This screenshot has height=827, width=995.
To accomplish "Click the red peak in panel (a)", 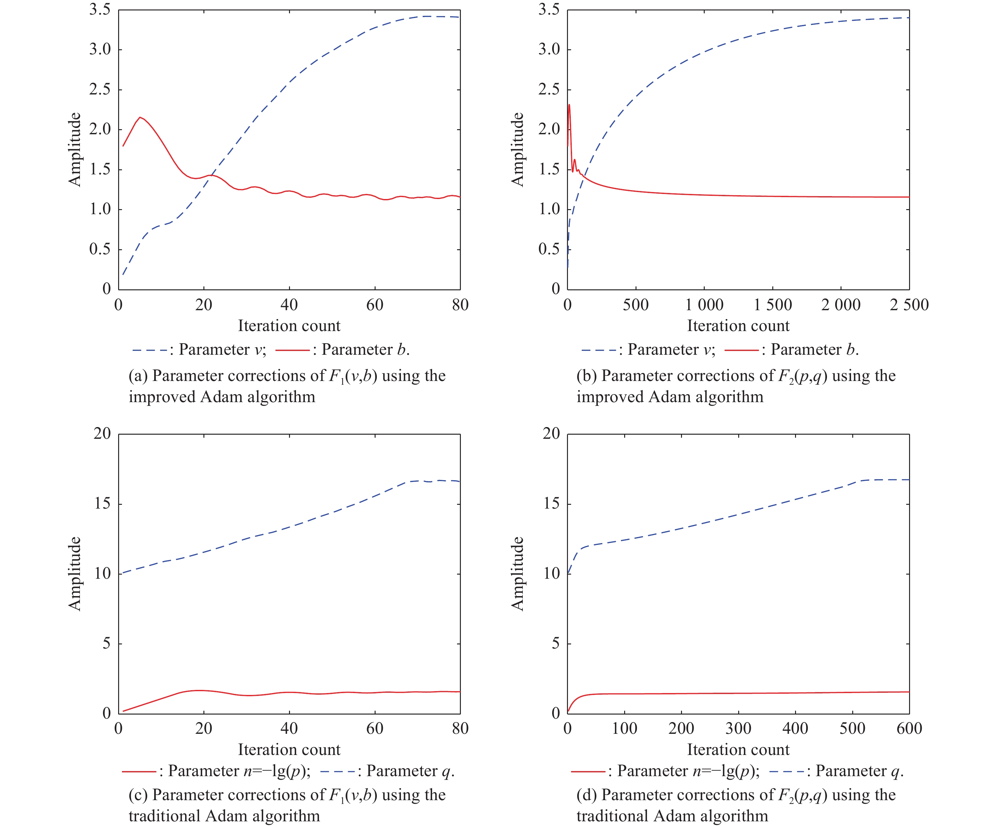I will tap(140, 118).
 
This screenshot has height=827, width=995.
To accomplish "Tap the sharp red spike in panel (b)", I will tap(569, 105).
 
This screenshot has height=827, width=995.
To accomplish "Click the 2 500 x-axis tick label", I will tap(909, 305).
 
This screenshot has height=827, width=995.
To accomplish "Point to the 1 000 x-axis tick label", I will tap(704, 305).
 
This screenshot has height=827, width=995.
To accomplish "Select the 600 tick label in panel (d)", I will tap(909, 728).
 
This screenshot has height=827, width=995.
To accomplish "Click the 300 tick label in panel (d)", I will tap(738, 728).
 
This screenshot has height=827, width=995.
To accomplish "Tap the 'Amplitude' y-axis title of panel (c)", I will tap(75, 573).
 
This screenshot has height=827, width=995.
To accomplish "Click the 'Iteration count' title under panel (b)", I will tap(738, 326).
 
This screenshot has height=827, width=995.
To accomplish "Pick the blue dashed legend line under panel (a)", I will tap(150, 350).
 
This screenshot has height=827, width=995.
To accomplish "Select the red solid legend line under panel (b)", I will tap(742, 350).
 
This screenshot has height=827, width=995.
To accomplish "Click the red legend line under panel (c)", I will tap(139, 771).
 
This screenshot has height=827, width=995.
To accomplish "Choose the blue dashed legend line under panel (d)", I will tap(787, 771).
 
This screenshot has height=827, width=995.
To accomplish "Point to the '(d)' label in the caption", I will tap(587, 795).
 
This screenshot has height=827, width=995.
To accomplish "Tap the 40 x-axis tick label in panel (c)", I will tap(289, 728).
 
